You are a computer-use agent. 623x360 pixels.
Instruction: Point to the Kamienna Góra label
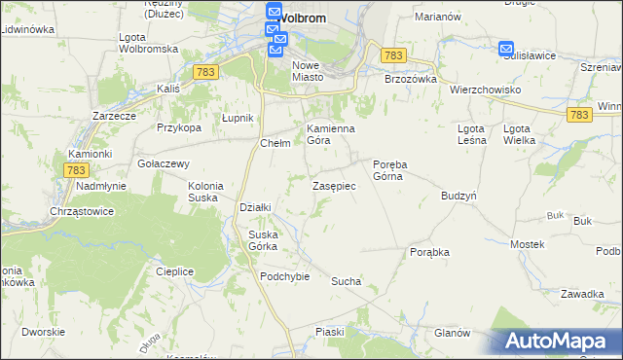pyautogui.click(x=331, y=134)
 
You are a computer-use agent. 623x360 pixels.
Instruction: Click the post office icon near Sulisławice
pyautogui.click(x=506, y=49)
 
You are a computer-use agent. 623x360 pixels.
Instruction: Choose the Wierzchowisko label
pyautogui.click(x=486, y=90)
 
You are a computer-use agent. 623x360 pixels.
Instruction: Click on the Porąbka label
pyautogui.click(x=429, y=251)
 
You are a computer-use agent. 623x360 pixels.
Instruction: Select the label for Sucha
pyautogui.click(x=346, y=281)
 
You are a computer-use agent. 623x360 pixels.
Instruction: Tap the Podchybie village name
pyautogui.click(x=284, y=276)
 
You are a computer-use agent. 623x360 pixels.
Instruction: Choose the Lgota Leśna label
pyautogui.click(x=471, y=134)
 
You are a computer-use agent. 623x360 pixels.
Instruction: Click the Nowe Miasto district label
pyautogui.click(x=306, y=71)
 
